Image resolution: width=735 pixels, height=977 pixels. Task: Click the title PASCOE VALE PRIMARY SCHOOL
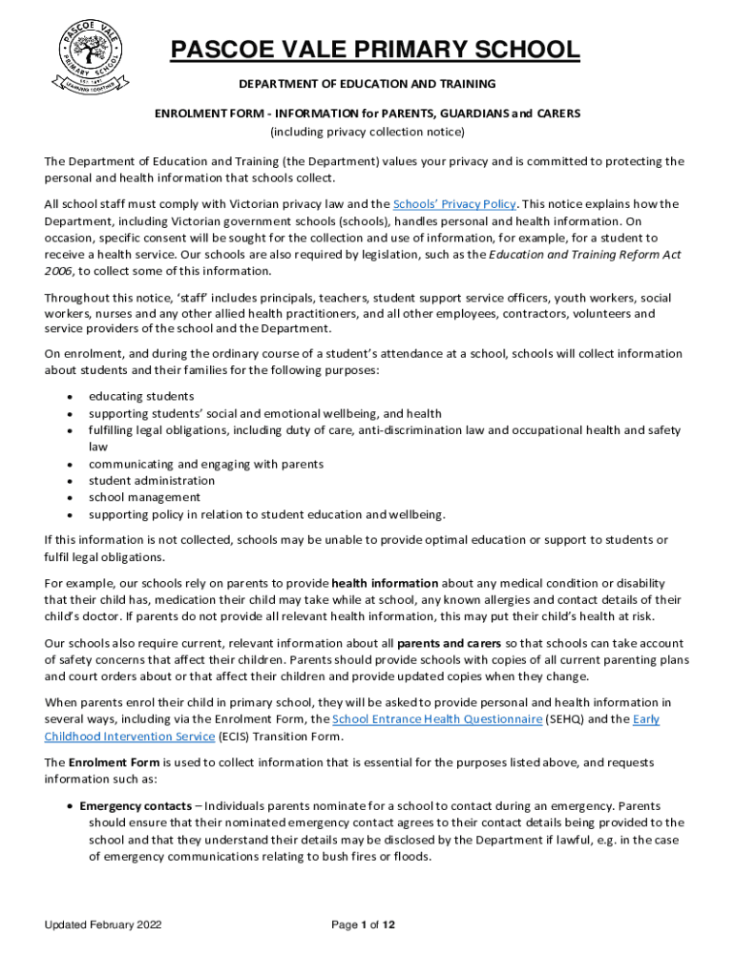pyautogui.click(x=374, y=51)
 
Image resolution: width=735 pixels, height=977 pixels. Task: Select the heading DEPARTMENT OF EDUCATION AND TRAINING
pyautogui.click(x=367, y=85)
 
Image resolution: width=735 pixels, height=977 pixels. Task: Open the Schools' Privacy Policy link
pyautogui.click(x=454, y=204)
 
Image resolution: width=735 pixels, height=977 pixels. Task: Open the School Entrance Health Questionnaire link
pyautogui.click(x=436, y=719)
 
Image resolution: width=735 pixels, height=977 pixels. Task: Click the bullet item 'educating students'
pyautogui.click(x=141, y=396)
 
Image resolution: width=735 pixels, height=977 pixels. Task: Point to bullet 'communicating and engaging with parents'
pyautogui.click(x=206, y=464)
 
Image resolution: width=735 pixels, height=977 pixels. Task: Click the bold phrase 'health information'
pyautogui.click(x=385, y=583)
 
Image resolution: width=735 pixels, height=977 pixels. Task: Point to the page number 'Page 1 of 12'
pyautogui.click(x=363, y=925)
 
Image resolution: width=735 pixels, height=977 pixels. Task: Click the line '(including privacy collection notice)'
pyautogui.click(x=367, y=132)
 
